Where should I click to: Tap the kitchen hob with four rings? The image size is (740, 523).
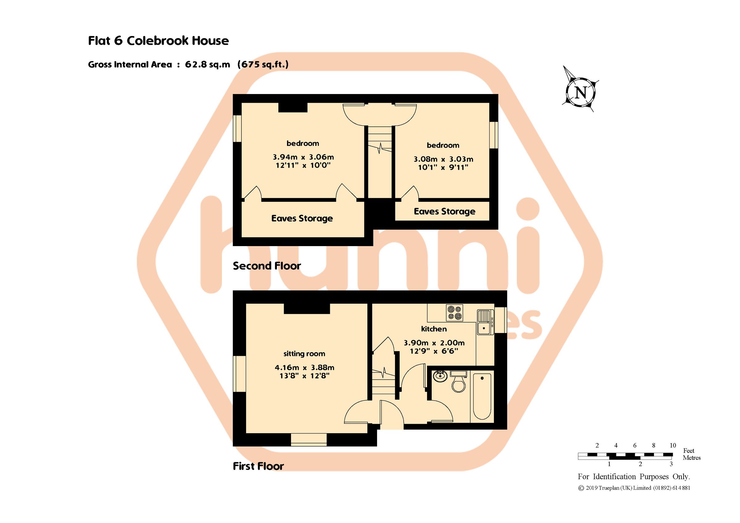(454, 313)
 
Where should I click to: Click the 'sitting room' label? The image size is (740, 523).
(304, 354)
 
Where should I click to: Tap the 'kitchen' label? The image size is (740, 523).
(434, 329)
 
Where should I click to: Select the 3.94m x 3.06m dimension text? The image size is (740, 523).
(303, 157)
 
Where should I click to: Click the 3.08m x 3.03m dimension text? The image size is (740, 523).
(443, 159)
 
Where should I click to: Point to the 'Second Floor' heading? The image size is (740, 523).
(266, 266)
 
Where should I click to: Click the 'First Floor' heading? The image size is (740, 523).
(258, 466)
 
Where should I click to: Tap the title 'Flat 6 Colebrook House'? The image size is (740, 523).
(158, 41)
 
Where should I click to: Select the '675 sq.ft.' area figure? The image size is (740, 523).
(263, 64)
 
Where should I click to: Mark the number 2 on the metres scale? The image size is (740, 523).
(640, 464)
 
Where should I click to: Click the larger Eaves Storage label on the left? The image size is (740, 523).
(302, 218)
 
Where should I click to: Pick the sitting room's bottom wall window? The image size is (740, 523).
(308, 439)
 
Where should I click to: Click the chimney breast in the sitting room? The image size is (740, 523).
(306, 308)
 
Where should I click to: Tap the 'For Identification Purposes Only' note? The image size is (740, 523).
(634, 477)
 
